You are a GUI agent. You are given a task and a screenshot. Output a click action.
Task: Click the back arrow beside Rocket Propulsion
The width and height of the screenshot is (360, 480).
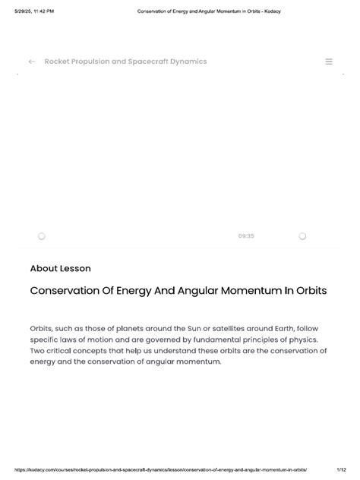[32, 62]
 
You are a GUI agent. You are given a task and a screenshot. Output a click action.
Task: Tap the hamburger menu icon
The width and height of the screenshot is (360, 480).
[329, 62]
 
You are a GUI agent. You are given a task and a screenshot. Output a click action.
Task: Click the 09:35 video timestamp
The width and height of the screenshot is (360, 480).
[245, 236]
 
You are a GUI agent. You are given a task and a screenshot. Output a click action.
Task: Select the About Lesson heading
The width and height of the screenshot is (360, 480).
[60, 268]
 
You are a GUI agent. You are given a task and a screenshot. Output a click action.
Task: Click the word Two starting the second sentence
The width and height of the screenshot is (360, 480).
[38, 351]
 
